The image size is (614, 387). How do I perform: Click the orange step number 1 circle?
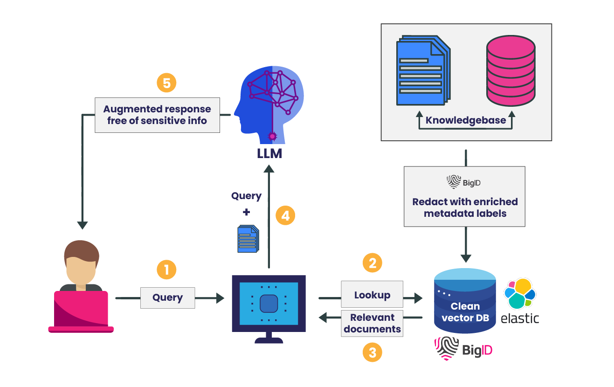166,270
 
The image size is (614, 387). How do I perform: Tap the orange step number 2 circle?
373,263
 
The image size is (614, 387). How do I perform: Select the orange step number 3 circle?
373,352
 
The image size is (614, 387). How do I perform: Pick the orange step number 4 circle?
285,216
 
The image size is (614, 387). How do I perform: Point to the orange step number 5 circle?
166,83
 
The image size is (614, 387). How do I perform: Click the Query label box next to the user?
168,297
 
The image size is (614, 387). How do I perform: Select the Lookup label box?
372,295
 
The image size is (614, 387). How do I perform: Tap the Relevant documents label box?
372,323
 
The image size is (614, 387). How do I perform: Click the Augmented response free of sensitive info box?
157,115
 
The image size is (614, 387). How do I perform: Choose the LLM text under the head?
269,153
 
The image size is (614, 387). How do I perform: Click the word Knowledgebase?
465,120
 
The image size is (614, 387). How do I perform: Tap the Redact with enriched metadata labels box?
465,196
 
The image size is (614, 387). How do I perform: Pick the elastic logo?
520,301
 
